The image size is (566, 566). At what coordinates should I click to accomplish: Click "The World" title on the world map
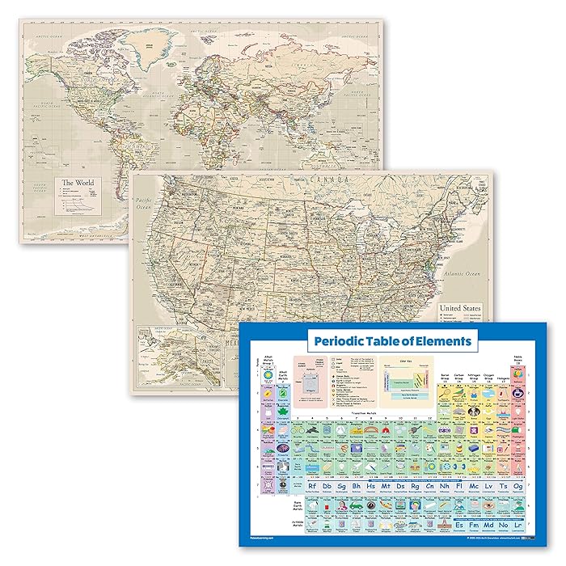coord(78,183)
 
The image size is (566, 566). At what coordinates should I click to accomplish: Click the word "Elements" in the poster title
coord(441,341)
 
